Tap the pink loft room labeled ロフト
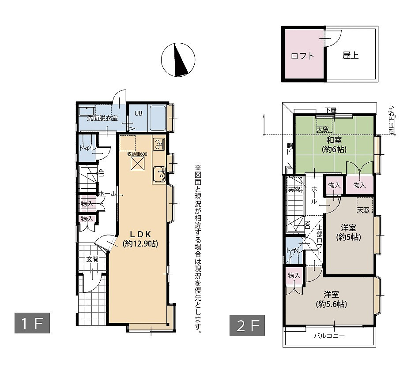pyautogui.click(x=303, y=56)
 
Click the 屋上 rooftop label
pyautogui.click(x=351, y=56)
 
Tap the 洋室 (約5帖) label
pyautogui.click(x=348, y=232)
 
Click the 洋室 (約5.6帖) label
pyautogui.click(x=331, y=299)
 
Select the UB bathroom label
pyautogui.click(x=138, y=113)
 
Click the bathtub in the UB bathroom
pyautogui.click(x=158, y=118)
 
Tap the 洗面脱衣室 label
pyautogui.click(x=102, y=118)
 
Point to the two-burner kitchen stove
pyautogui.click(x=158, y=144)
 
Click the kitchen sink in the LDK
pyautogui.click(x=158, y=175)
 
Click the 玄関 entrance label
pyautogui.click(x=92, y=259)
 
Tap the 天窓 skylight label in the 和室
pyautogui.click(x=323, y=129)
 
